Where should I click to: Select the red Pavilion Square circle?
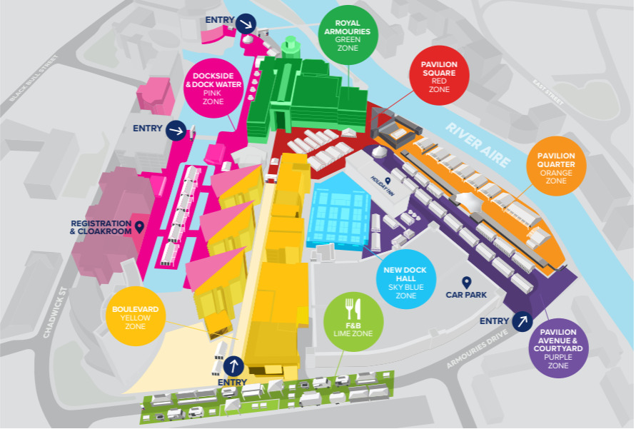click(439, 77)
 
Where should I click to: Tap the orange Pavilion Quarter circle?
click(557, 168)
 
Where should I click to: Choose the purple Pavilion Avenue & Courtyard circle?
click(562, 348)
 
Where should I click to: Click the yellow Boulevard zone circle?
click(136, 317)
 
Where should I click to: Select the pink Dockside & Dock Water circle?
click(213, 89)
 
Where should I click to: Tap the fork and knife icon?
click(354, 308)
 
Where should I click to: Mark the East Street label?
click(549, 92)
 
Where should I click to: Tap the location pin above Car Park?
click(467, 282)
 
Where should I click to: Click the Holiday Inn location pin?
click(388, 181)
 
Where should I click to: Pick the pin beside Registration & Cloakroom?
click(140, 226)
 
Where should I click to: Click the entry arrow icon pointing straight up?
click(233, 366)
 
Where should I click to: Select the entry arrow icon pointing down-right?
click(246, 23)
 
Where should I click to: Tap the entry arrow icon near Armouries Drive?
click(523, 321)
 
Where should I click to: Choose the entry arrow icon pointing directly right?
click(176, 131)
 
